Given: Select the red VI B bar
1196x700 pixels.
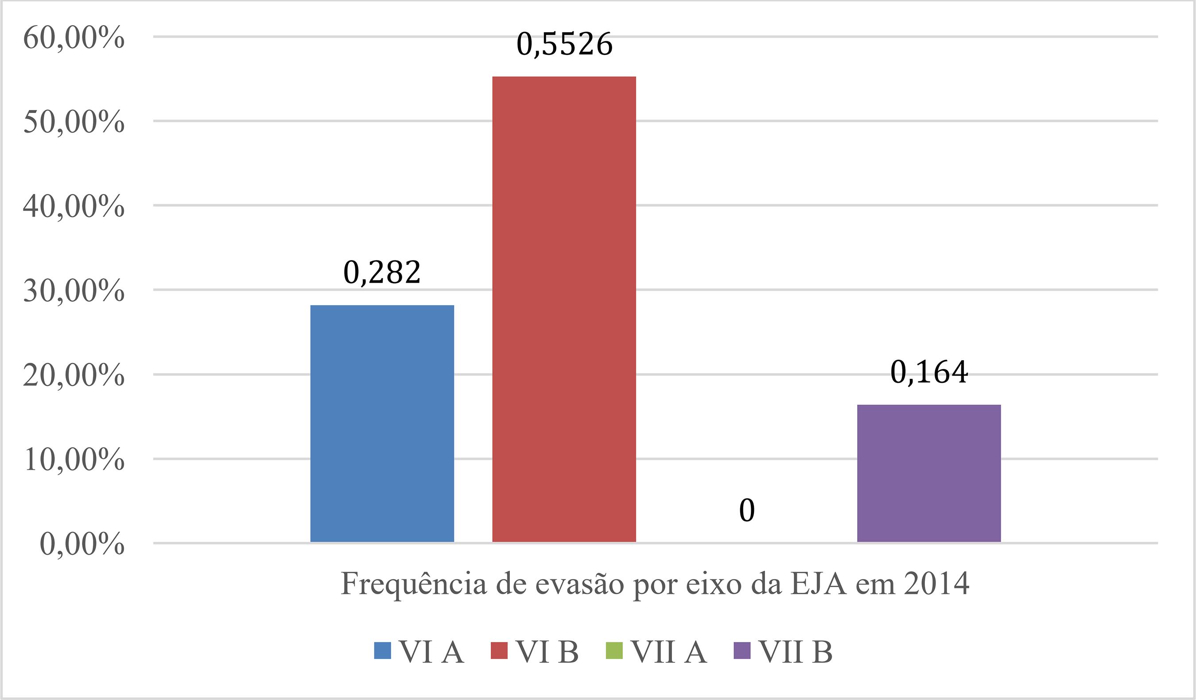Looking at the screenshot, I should (x=564, y=309).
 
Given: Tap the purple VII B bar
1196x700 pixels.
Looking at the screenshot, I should (x=929, y=473).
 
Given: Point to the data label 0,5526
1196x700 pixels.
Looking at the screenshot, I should (x=564, y=45).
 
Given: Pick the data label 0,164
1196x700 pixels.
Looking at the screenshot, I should (x=929, y=373).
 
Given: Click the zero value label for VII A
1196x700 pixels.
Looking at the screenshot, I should (x=746, y=511).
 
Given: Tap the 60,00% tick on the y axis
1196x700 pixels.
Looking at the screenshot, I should (x=74, y=38).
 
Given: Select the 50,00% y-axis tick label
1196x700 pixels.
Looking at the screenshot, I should (x=74, y=122).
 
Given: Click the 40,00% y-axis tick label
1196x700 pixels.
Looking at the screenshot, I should (x=74, y=207).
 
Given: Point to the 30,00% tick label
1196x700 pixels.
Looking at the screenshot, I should (x=74, y=291).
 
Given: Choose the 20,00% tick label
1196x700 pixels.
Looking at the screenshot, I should (x=74, y=375).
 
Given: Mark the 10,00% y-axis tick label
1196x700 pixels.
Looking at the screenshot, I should (x=74, y=460).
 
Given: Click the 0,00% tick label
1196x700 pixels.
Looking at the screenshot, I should (x=82, y=544).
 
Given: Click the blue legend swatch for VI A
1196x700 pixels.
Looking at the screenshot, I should (x=382, y=651).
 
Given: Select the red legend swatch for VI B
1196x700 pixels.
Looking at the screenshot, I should (x=499, y=651).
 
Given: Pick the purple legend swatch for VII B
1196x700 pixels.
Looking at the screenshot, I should (x=742, y=651).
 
